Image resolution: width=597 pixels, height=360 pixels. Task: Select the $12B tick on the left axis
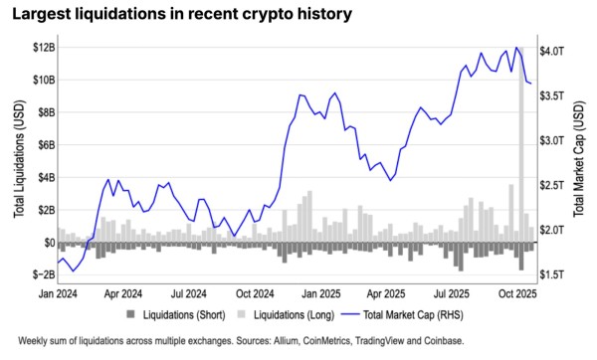tap(41, 47)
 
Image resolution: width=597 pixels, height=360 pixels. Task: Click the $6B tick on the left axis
tap(44, 144)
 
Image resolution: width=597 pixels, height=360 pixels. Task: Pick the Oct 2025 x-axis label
tap(517, 295)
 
